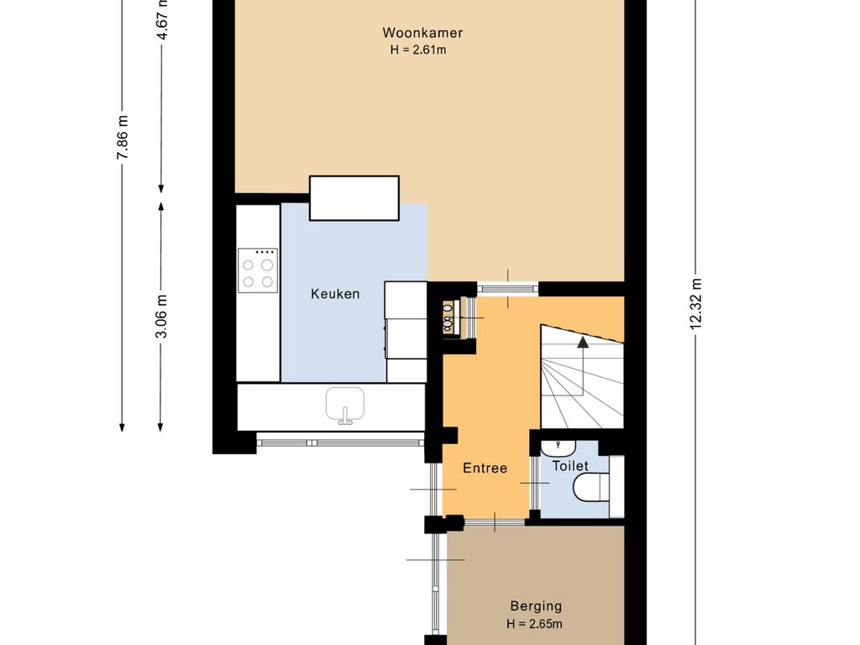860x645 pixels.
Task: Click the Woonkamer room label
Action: point(422,33)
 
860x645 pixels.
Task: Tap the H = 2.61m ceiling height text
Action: point(418,50)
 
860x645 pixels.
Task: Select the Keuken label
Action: point(335,294)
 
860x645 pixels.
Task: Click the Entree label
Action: point(485,468)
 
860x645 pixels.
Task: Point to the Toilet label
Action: point(570,466)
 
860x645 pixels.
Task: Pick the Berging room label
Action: point(536,606)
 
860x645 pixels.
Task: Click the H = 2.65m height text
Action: point(534,624)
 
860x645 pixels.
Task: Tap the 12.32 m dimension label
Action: point(695,304)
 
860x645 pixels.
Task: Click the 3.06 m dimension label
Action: point(161,317)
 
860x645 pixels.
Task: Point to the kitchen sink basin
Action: point(345,404)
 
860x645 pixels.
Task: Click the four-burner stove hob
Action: point(258,270)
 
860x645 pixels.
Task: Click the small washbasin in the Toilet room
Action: point(558,447)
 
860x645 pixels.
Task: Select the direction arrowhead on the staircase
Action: point(583,343)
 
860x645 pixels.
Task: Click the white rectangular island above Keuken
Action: point(354,198)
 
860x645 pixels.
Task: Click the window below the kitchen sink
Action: point(340,442)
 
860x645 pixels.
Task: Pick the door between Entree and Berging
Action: point(495,522)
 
